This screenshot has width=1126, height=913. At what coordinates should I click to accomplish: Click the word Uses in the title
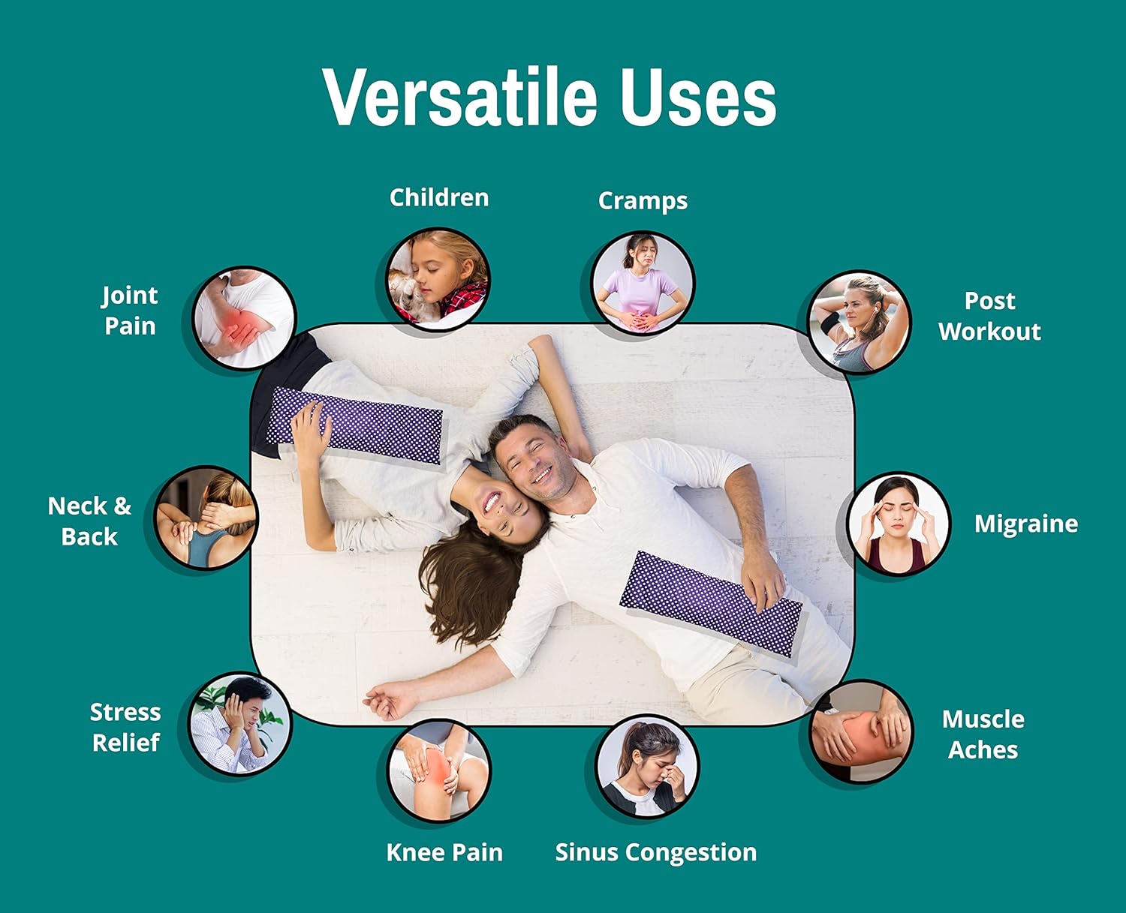pyautogui.click(x=698, y=97)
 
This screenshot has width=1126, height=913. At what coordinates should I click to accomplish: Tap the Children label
pyautogui.click(x=439, y=197)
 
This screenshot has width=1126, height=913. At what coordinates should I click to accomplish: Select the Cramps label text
pyautogui.click(x=643, y=201)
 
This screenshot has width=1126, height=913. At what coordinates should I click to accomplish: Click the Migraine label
pyautogui.click(x=1026, y=524)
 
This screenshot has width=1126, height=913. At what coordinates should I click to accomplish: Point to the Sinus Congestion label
pyautogui.click(x=656, y=852)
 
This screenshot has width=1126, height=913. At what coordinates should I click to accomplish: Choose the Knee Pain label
pyautogui.click(x=444, y=851)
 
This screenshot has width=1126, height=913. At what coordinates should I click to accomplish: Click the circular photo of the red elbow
pyautogui.click(x=244, y=318)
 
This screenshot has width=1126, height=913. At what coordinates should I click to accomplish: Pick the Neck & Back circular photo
pyautogui.click(x=206, y=518)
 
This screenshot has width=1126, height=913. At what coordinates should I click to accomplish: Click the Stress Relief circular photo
pyautogui.click(x=239, y=724)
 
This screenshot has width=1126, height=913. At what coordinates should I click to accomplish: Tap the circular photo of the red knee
pyautogui.click(x=439, y=771)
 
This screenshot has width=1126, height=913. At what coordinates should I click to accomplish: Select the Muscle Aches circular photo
pyautogui.click(x=860, y=731)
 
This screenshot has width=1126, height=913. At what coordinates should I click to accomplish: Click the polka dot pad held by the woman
pyautogui.click(x=355, y=426)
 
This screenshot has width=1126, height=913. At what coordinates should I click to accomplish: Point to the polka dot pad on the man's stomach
pyautogui.click(x=711, y=603)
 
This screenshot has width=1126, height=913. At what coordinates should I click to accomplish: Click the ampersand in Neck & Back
pyautogui.click(x=122, y=506)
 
